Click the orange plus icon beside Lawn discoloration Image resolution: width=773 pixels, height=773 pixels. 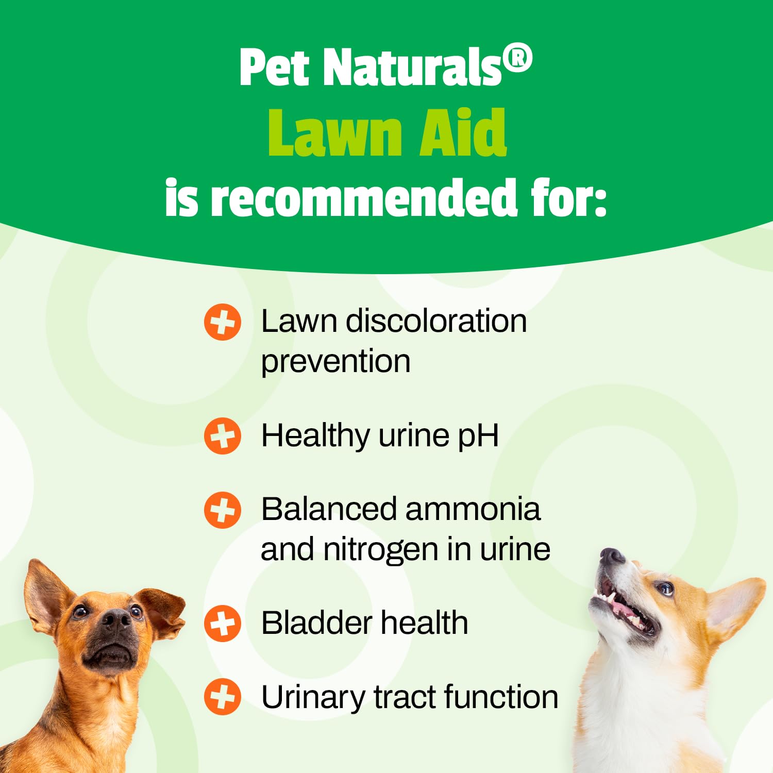pyautogui.click(x=223, y=322)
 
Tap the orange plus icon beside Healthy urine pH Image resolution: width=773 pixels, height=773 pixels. pyautogui.click(x=223, y=435)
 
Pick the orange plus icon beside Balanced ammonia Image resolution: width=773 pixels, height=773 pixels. pyautogui.click(x=223, y=510)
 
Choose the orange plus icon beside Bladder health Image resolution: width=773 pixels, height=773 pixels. pyautogui.click(x=223, y=623)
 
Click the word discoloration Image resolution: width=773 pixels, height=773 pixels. pyautogui.click(x=436, y=321)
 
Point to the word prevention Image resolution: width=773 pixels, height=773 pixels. pyautogui.click(x=335, y=362)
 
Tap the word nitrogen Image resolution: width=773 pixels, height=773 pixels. pyautogui.click(x=381, y=550)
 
